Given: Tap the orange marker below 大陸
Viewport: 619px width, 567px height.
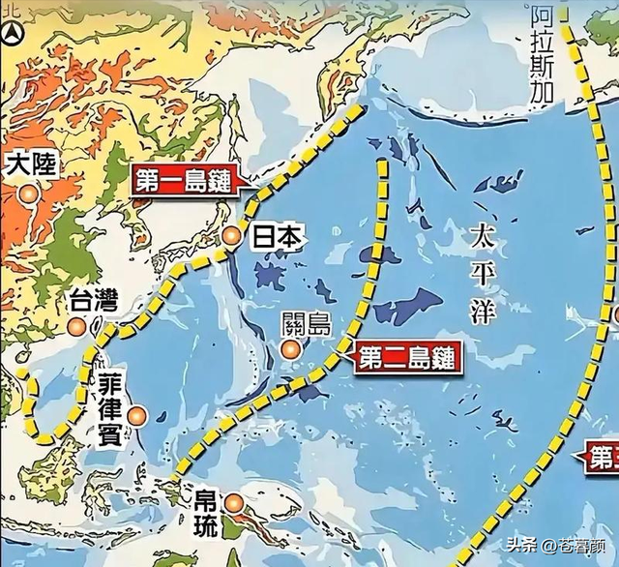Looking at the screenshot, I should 29,194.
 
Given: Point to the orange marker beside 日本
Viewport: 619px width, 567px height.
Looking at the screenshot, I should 231,236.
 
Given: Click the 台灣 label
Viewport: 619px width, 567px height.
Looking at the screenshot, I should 93,301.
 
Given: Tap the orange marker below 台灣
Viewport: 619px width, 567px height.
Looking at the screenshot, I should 77,328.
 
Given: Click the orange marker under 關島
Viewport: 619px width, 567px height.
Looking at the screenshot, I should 290,350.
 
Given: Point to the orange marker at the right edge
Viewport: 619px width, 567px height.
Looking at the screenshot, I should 615,314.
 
